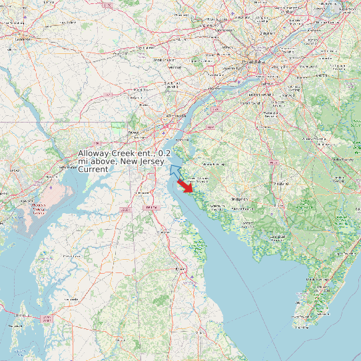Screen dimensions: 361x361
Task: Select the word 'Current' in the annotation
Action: (93, 169)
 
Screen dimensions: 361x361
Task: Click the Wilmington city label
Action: (176, 116)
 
